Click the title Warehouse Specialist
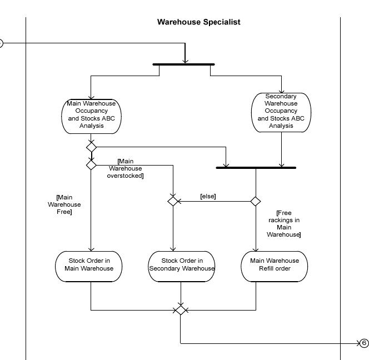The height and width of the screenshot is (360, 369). [198, 22]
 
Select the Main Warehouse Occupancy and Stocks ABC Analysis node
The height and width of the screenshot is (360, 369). [91, 115]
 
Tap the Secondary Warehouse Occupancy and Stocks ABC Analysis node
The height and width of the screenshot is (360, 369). [281, 112]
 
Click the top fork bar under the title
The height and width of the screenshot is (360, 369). [184, 64]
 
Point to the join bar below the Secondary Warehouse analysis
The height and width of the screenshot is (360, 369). [256, 167]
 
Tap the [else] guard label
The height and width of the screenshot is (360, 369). [208, 196]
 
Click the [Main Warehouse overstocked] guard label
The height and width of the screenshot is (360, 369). [126, 168]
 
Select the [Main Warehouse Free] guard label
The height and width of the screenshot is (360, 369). [64, 204]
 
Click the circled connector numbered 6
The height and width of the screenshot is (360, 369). [364, 343]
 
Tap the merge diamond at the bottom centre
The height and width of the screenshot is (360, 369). [180, 310]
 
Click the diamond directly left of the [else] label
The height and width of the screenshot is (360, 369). [173, 201]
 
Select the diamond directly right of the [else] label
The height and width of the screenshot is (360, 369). [256, 201]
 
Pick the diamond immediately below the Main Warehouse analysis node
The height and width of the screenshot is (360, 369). [91, 147]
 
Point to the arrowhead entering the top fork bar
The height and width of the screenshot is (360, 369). [185, 61]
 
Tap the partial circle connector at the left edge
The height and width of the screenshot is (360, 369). [1, 43]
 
